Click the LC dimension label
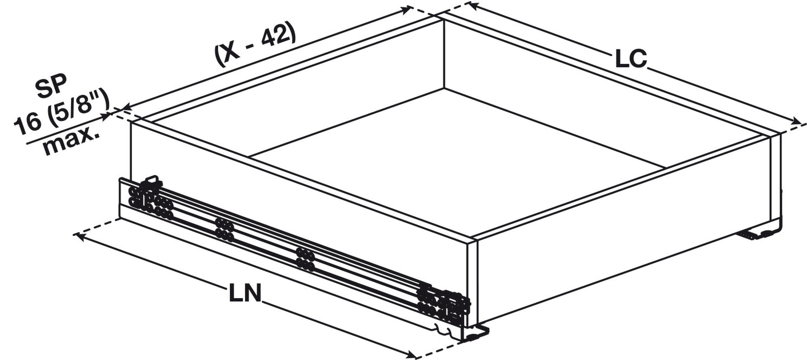click(631, 59)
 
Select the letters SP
click(51, 88)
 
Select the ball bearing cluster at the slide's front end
click(445, 306)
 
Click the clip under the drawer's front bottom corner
click(475, 334)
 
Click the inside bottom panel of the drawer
click(458, 162)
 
